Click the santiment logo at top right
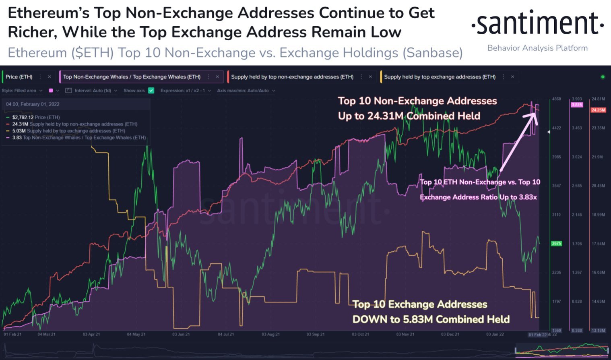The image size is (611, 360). (x=537, y=24)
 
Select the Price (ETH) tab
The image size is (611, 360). (x=19, y=77)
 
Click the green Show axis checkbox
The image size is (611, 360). (x=151, y=91)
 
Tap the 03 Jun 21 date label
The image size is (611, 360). (x=181, y=334)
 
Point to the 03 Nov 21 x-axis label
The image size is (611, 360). (x=405, y=334)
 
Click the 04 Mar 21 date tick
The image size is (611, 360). (x=46, y=334)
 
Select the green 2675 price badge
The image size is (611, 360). (x=556, y=244)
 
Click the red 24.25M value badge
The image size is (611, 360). (x=598, y=110)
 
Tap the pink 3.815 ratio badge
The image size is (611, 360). (x=577, y=105)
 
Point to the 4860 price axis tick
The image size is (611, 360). (x=556, y=99)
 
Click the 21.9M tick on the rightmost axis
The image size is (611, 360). (x=597, y=157)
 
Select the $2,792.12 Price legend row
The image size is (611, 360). (x=35, y=117)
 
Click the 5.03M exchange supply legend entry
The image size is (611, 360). (x=68, y=131)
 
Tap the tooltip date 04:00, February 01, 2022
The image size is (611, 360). (x=33, y=104)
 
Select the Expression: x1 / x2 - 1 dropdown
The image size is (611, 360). (x=185, y=91)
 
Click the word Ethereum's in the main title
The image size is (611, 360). (x=48, y=13)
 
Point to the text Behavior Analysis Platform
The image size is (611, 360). (x=537, y=48)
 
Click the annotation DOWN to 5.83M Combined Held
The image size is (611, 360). (x=431, y=319)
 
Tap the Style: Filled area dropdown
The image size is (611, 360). (x=22, y=91)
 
